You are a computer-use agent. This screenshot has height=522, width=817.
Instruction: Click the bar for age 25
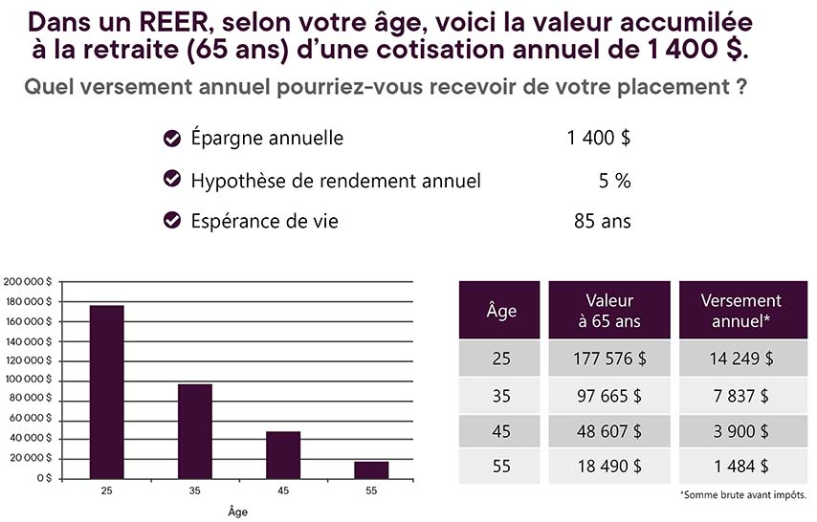(106, 391)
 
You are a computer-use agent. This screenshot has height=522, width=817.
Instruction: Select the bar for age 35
(194, 430)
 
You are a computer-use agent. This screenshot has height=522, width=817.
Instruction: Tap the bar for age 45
(283, 454)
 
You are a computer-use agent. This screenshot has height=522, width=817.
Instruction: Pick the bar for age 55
(371, 469)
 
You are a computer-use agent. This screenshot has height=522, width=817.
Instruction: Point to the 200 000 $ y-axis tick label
(27, 283)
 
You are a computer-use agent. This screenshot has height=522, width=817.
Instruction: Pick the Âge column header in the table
(499, 310)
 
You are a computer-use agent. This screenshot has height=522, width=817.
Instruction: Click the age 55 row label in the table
(499, 466)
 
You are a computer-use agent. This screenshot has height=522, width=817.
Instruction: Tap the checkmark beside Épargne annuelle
(173, 139)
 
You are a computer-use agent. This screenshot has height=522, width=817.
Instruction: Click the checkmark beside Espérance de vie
(173, 221)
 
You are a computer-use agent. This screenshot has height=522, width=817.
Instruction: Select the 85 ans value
(602, 221)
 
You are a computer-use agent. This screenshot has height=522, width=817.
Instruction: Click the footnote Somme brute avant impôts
(743, 495)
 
